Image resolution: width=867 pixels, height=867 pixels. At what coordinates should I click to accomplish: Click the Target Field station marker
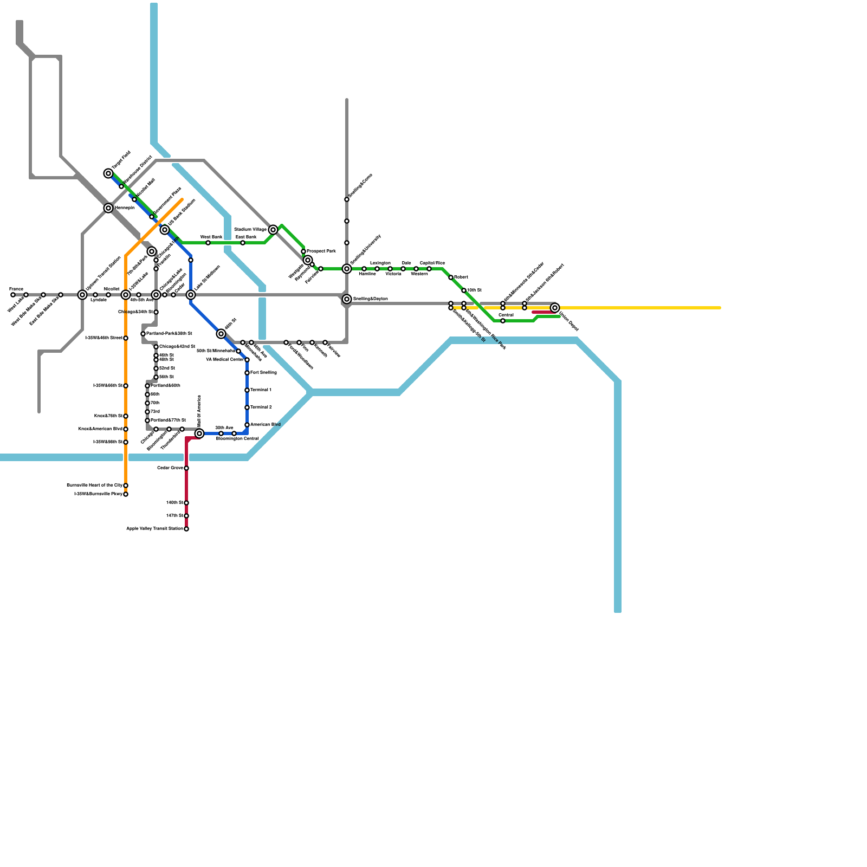point(108,173)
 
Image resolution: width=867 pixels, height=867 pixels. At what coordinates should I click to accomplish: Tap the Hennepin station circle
point(108,208)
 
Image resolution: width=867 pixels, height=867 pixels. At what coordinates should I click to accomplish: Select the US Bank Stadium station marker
point(165,230)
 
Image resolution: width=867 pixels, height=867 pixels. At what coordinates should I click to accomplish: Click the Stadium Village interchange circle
point(273,230)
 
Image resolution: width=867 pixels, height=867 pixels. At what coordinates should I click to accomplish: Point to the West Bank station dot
point(208,243)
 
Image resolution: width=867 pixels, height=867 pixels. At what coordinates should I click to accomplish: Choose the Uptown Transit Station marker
point(82,295)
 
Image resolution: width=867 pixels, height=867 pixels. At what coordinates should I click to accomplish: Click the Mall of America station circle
point(199,433)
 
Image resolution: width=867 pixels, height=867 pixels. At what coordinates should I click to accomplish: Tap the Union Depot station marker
point(555,308)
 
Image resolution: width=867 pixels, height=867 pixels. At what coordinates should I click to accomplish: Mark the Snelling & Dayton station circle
point(347,299)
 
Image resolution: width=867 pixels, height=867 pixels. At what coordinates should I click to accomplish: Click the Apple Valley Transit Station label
point(154,529)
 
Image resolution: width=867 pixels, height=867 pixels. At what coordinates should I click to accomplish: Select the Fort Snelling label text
point(263,373)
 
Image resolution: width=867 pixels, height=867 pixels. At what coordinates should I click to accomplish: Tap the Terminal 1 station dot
point(247,390)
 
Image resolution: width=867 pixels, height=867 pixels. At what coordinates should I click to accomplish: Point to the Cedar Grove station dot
point(186,468)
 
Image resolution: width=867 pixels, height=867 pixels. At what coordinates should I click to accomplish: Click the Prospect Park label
point(321,251)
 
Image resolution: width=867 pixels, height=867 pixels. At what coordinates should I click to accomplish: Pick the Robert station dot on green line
point(451,277)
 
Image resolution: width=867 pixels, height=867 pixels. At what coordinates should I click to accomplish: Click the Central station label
point(506,315)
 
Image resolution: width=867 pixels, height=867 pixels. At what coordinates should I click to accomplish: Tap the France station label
point(16,289)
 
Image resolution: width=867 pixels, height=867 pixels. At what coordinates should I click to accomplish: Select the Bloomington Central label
point(237,439)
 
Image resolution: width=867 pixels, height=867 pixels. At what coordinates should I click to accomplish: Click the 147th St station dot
point(186,516)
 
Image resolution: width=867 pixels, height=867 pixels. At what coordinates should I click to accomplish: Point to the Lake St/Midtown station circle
point(191,295)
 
